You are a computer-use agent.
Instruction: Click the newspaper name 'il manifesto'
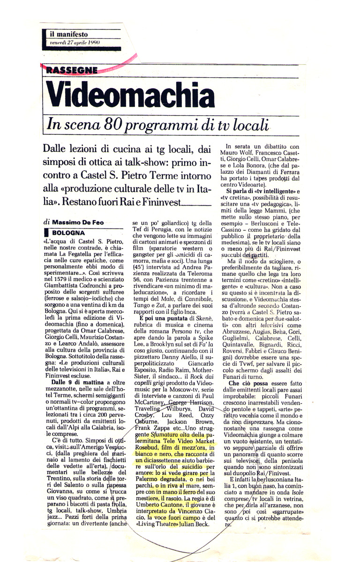tap(69, 34)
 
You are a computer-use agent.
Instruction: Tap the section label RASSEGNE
tap(72, 70)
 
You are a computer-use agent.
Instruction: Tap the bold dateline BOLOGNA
tap(65, 232)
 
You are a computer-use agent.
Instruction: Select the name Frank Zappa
tap(148, 428)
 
